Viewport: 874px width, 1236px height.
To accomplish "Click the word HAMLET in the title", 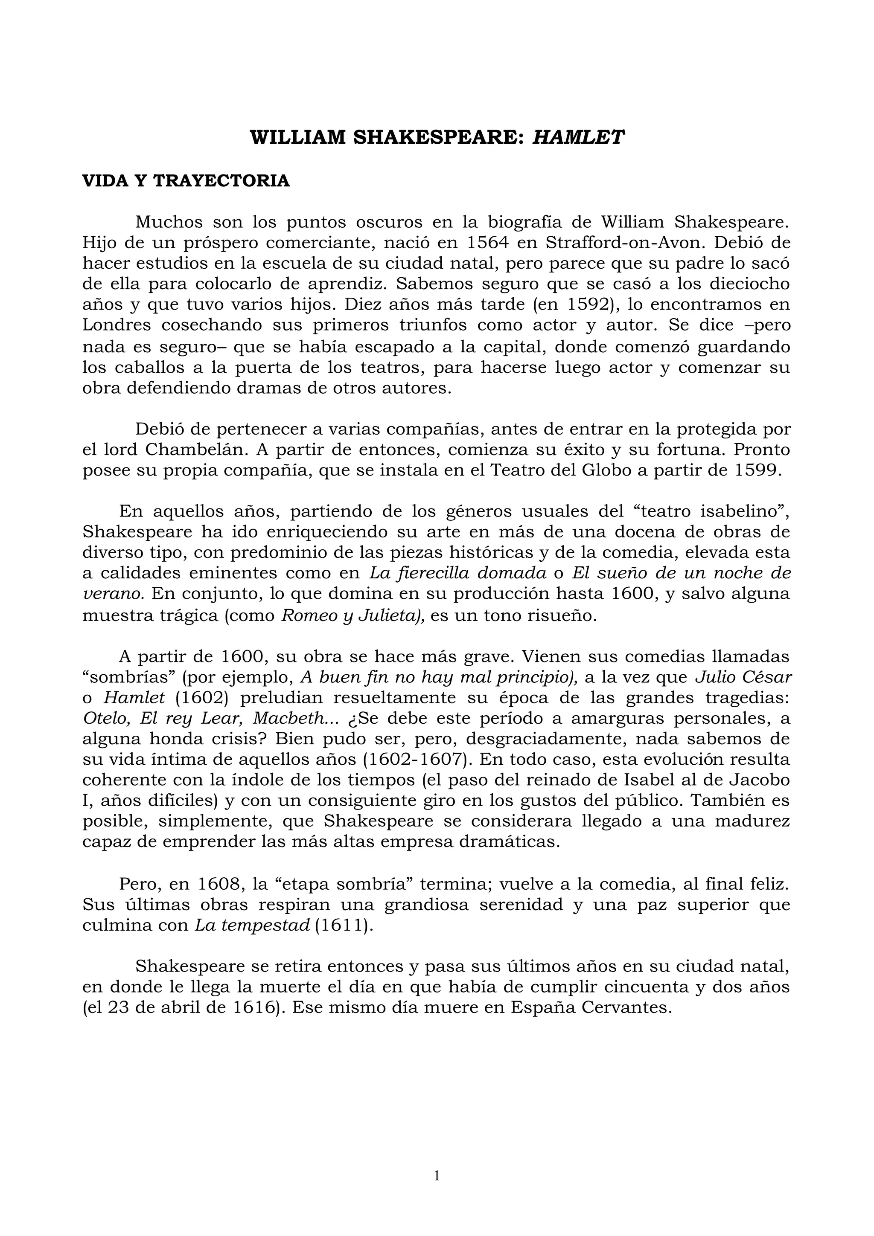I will pos(578,138).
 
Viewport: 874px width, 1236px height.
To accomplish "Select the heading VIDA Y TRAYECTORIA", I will pos(186,181).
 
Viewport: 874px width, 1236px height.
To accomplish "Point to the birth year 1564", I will pos(487,242).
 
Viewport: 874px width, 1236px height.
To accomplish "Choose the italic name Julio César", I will pos(743,677).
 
